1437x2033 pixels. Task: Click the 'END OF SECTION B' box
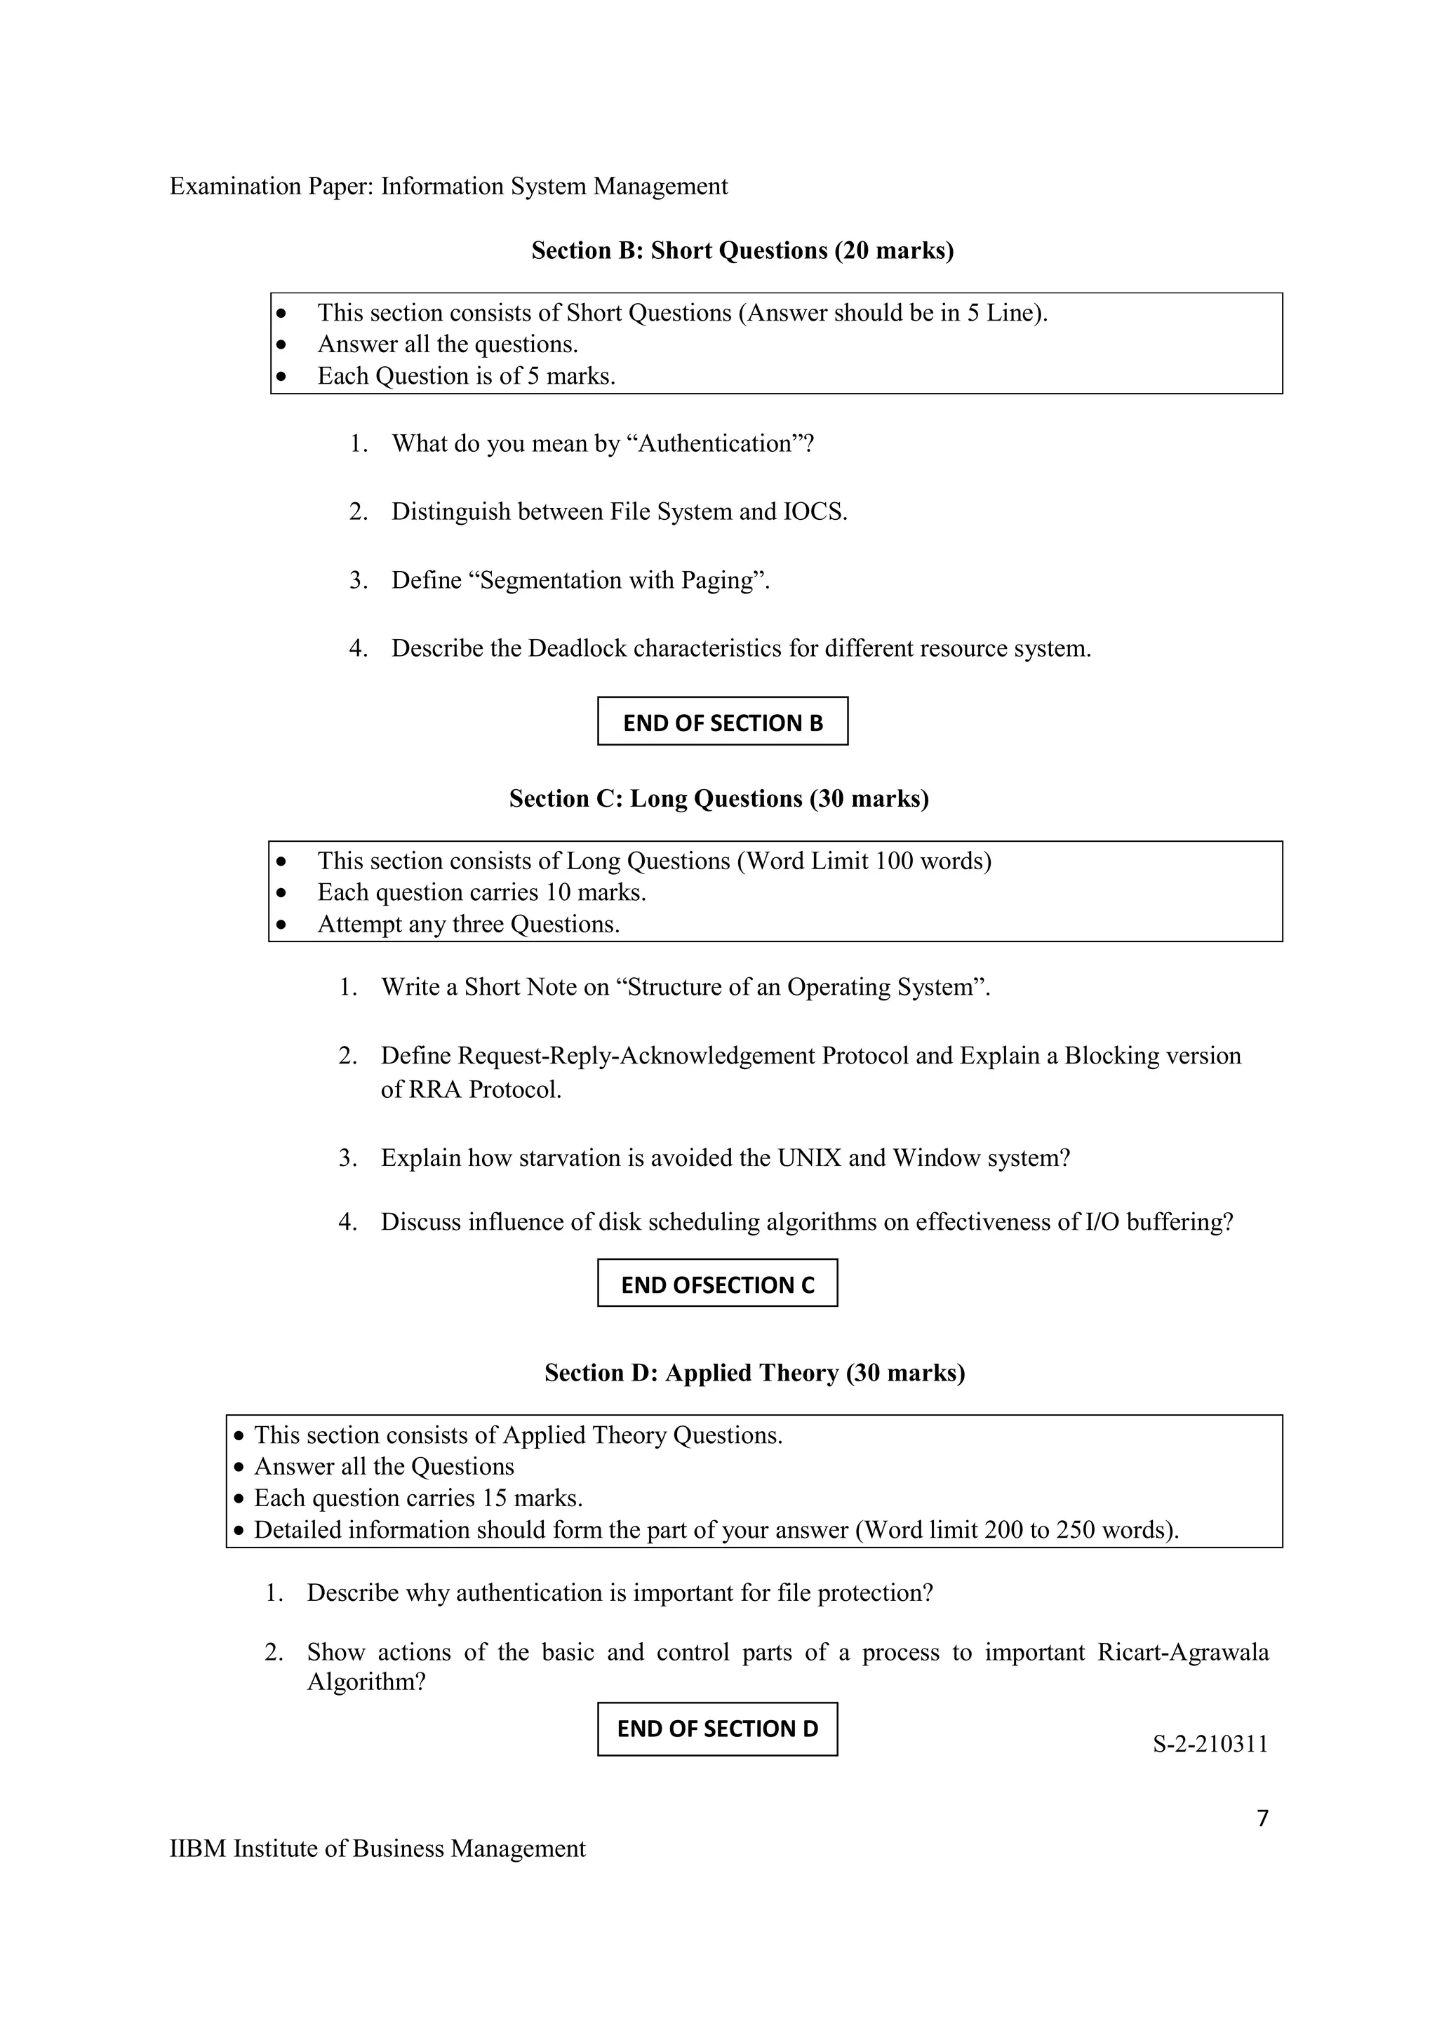[x=723, y=722]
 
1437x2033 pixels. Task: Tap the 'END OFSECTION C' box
[x=717, y=1284]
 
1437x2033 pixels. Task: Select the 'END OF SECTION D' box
[x=717, y=1728]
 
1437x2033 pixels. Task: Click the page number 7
[x=1262, y=1818]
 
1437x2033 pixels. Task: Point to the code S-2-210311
[x=1210, y=1743]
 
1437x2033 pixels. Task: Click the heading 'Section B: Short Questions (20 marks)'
[x=742, y=250]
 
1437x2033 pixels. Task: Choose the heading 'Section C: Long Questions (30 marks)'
[x=718, y=798]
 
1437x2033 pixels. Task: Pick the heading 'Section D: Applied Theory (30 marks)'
[x=754, y=1372]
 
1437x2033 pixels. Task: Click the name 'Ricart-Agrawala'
[x=1182, y=1652]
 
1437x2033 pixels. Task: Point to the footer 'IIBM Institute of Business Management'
[x=377, y=1849]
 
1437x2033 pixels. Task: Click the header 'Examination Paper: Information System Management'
[x=448, y=186]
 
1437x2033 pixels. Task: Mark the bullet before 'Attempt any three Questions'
[x=281, y=925]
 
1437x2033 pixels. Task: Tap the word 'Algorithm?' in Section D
[x=366, y=1682]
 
